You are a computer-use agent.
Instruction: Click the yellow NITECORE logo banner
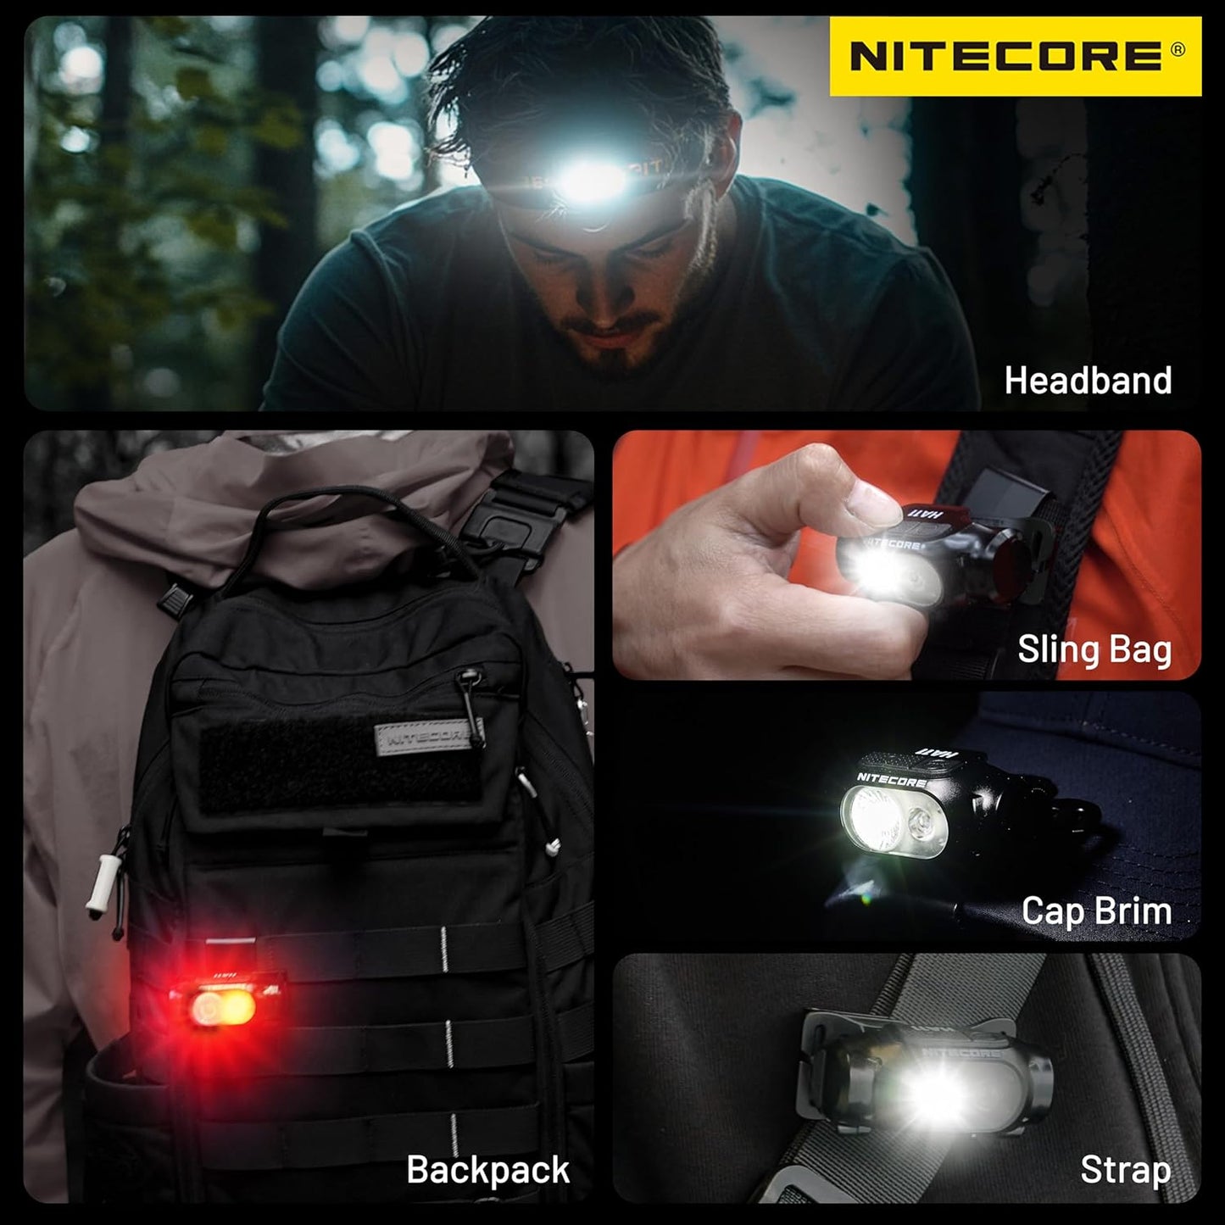[1015, 56]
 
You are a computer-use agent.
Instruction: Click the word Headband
[1088, 381]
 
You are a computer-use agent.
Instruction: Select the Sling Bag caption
[1094, 649]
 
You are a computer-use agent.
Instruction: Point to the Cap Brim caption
[1096, 911]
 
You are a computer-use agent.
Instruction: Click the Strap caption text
[1125, 1170]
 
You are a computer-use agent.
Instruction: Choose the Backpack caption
[487, 1170]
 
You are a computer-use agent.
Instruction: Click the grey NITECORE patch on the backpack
[425, 736]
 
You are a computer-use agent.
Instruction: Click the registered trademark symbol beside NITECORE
[1178, 50]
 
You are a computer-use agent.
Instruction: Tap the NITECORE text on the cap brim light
[890, 778]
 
